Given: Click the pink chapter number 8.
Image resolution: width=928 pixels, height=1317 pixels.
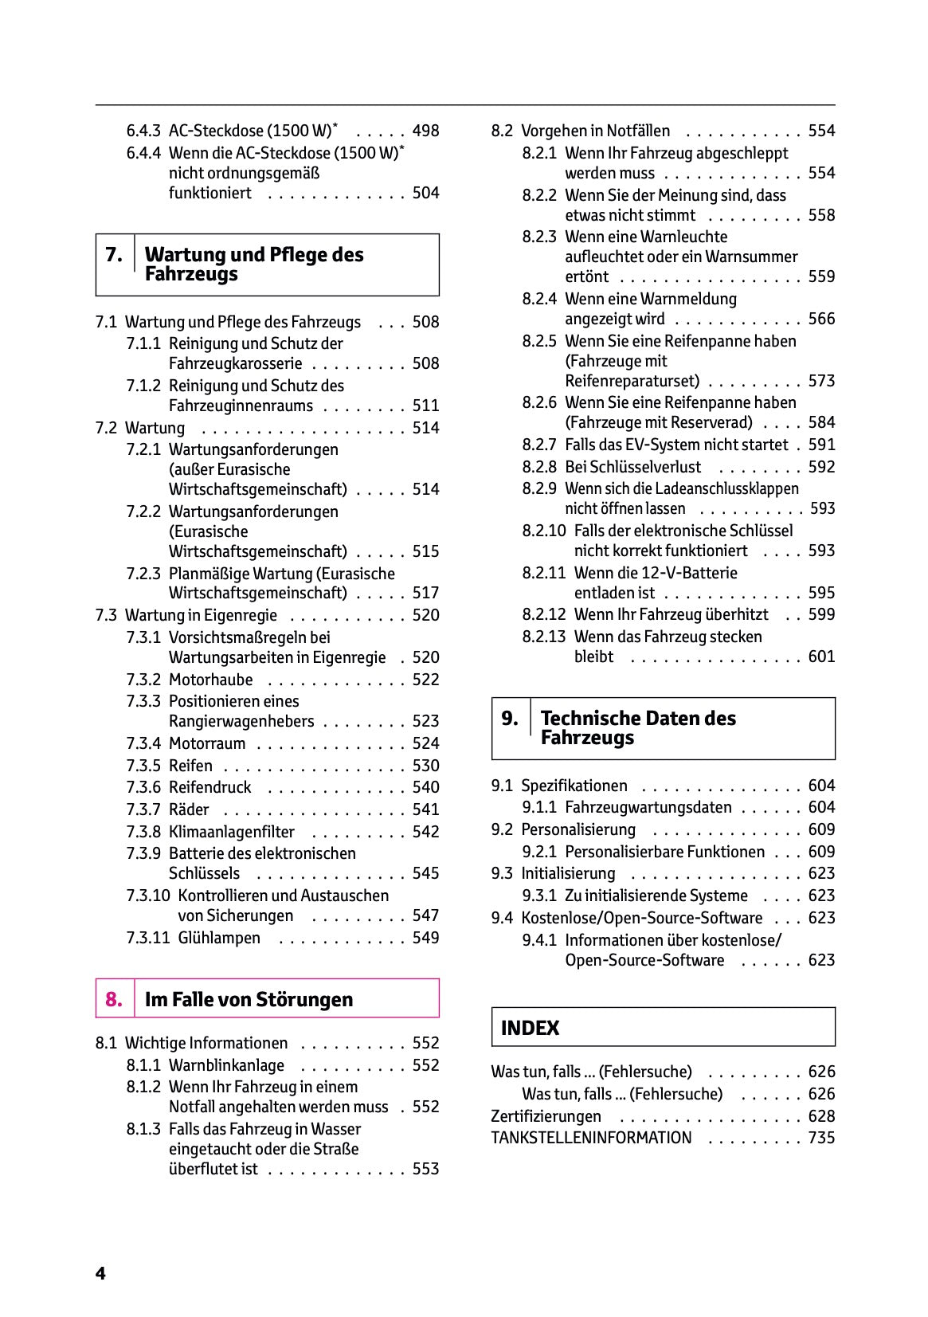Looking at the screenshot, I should tap(114, 999).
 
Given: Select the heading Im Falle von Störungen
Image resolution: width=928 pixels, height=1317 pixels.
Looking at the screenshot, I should tap(249, 999).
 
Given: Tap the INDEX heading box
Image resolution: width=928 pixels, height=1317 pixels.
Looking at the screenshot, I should tap(663, 1027).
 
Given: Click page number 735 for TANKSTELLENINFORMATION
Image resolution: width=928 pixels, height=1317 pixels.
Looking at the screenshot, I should tap(821, 1138).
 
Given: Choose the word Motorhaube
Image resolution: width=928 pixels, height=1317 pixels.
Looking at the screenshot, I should tap(210, 680).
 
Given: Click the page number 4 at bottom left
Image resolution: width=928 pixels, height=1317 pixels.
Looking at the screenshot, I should tap(100, 1273).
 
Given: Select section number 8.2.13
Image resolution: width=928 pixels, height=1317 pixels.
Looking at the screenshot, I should tap(544, 637).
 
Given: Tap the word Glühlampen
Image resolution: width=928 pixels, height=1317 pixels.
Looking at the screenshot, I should tap(219, 938).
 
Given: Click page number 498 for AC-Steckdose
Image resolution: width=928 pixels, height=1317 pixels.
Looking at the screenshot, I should tap(425, 131).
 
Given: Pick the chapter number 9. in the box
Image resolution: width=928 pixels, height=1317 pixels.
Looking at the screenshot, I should tap(510, 718).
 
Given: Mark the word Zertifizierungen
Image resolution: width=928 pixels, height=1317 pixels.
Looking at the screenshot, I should tap(546, 1116).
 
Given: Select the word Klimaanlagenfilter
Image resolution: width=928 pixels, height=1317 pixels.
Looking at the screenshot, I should tap(231, 832).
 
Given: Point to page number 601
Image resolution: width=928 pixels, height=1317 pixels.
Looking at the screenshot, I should tap(821, 657).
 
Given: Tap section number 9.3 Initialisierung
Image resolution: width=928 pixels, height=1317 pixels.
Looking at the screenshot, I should tap(502, 873).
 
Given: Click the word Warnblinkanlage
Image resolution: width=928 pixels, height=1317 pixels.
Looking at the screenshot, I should tap(226, 1065).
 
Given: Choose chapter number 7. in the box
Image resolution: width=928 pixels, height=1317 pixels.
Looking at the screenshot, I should tap(114, 255).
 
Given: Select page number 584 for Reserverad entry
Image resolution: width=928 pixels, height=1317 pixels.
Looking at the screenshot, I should tap(821, 422).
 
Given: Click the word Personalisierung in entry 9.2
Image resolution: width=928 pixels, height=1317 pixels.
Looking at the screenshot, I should tap(578, 829).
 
